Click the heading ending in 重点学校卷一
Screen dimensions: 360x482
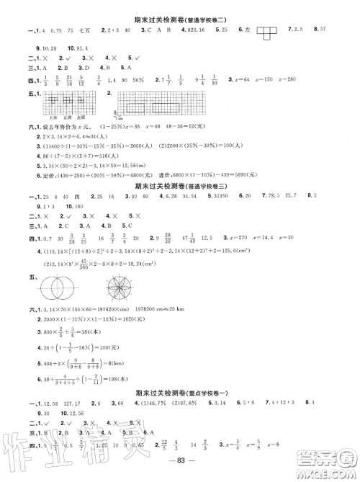point(180,393)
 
